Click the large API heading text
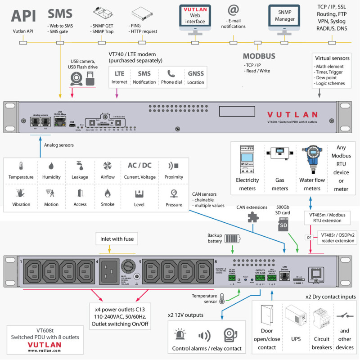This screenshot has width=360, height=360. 23,15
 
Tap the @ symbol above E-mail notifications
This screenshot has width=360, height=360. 233,10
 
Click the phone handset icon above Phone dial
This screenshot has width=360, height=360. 171,73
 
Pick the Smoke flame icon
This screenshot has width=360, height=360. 108,193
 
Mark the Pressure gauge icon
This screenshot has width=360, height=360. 174,193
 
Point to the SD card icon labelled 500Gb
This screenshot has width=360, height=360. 283,224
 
